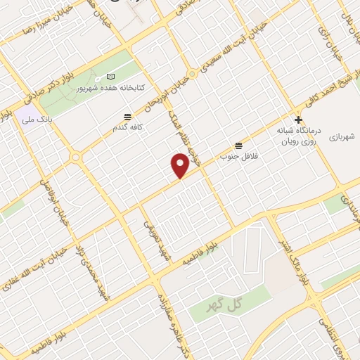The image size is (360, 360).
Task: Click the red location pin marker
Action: pyautogui.click(x=180, y=166)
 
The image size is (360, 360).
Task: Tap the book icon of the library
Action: pyautogui.click(x=109, y=76)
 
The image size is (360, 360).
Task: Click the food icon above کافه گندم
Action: pyautogui.click(x=127, y=116)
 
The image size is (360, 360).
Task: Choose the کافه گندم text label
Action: pyautogui.click(x=131, y=128)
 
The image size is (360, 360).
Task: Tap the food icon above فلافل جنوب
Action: pyautogui.click(x=240, y=145)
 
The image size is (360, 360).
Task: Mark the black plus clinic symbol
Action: pyautogui.click(x=298, y=120)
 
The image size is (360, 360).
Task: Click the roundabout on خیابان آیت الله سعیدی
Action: pyautogui.click(x=192, y=74)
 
